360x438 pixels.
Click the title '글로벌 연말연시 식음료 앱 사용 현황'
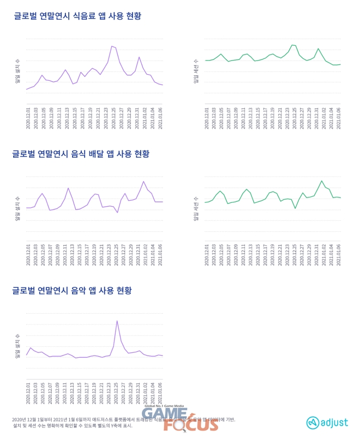click(77, 16)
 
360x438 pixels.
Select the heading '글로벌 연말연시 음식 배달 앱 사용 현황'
click(81, 154)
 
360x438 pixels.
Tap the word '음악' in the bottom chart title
click(79, 291)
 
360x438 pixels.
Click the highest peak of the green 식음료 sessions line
click(293, 45)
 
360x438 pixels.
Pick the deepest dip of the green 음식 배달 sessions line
click(295, 208)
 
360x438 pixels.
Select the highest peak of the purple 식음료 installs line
click(112, 46)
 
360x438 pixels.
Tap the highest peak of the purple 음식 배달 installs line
click(143, 181)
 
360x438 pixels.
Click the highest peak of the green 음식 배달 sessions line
click(322, 181)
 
